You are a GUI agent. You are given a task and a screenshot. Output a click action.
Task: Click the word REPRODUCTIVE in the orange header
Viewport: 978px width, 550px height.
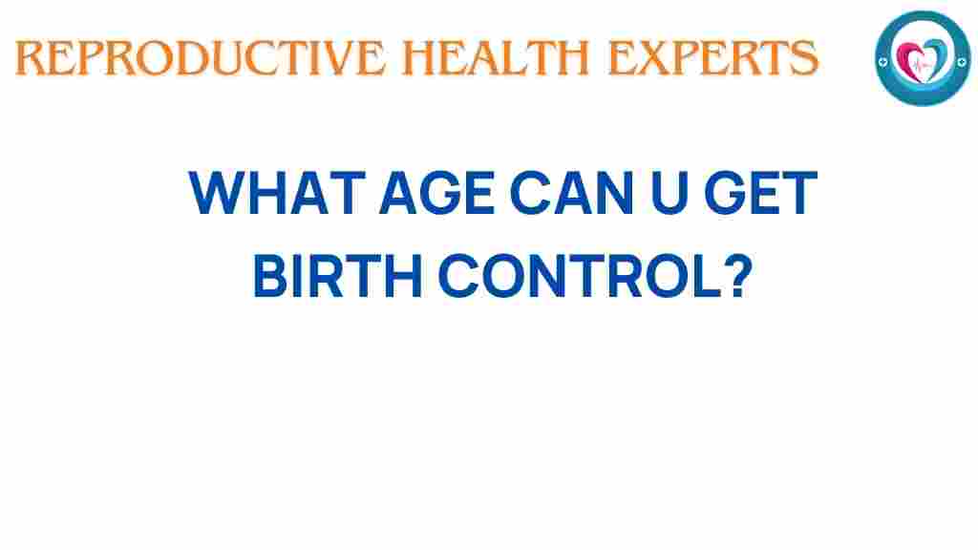point(201,58)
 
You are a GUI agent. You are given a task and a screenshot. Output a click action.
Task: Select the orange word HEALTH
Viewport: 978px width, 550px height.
point(496,58)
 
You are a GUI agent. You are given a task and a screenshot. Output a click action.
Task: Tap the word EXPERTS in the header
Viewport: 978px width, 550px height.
point(712,58)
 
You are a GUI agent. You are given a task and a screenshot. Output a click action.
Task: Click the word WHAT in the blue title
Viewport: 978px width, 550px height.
point(277,193)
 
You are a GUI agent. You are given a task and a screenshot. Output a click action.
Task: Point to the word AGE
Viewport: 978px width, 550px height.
point(437,193)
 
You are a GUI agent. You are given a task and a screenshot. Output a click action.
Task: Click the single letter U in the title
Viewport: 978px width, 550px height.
point(670,194)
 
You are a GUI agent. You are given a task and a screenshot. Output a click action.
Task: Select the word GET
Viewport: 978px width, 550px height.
point(760,193)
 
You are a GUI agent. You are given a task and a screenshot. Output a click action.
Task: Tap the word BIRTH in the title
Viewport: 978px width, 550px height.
point(338,275)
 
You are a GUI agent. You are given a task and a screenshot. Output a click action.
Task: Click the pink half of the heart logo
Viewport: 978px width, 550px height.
point(909,60)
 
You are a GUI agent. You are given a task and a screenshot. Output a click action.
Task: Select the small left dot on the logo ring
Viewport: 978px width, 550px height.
point(882,62)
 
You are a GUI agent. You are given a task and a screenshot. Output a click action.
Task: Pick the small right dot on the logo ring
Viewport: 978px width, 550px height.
point(962,61)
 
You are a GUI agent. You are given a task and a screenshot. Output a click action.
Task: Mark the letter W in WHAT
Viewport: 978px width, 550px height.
point(216,193)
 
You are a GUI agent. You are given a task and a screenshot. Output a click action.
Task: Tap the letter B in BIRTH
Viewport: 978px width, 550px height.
point(270,275)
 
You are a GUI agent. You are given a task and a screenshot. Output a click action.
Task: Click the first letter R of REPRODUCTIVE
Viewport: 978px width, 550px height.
point(31,58)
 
